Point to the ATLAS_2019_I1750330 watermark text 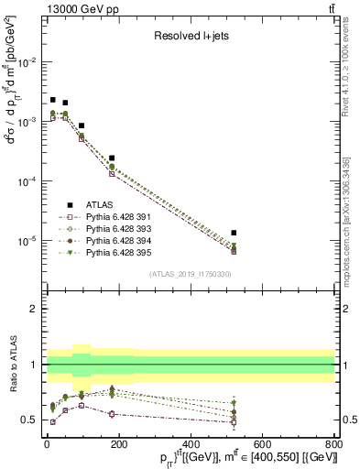coord(191,274)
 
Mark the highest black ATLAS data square coord(53,100)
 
